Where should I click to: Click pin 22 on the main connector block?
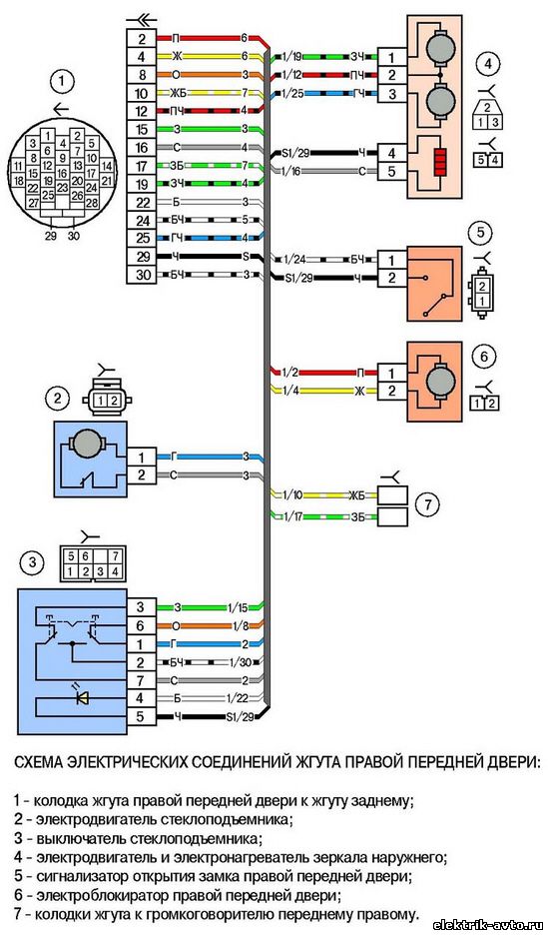tap(142, 203)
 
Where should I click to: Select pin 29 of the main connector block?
tap(142, 258)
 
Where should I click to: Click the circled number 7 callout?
tap(427, 505)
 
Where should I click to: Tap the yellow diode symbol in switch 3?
tap(82, 697)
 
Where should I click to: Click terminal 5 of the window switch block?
tap(140, 717)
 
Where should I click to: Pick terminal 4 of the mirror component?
tap(390, 153)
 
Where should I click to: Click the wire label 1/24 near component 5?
tap(294, 260)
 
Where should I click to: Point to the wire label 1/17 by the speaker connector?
tap(294, 515)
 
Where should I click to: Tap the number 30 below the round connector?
tap(73, 235)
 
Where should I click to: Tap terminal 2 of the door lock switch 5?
tap(390, 278)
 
